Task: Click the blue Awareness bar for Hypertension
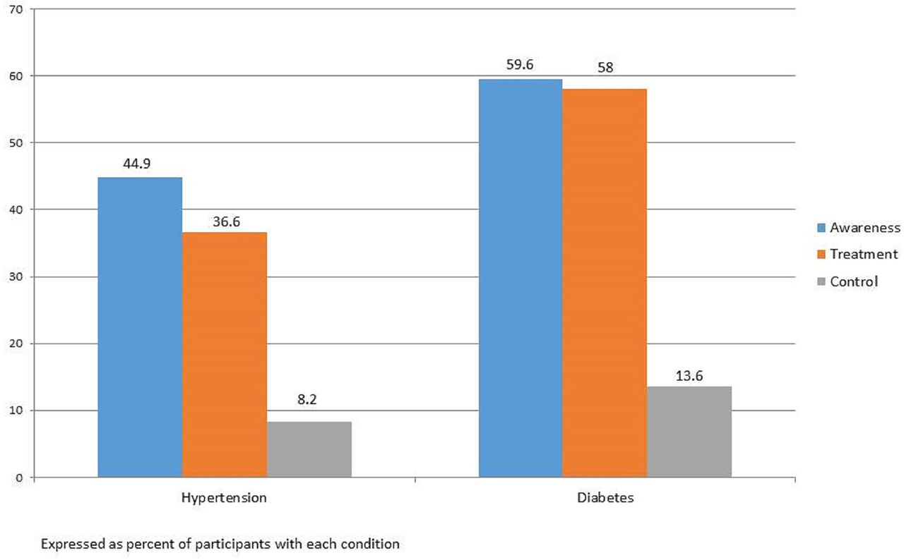[140, 327]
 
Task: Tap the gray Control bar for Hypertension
[309, 449]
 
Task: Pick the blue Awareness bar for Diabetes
[521, 278]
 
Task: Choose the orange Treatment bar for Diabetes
[605, 283]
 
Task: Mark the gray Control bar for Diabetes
[689, 432]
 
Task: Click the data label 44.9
[140, 164]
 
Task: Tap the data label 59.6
[521, 66]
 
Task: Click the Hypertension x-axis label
[224, 498]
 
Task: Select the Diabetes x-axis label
[605, 498]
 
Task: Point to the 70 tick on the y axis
[18, 9]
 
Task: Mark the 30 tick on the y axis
[18, 276]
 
